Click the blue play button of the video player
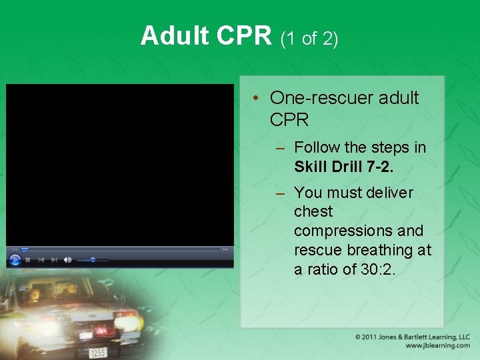15,259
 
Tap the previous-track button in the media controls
41,260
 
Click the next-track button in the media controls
54,260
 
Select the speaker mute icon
67,260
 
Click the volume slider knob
93,260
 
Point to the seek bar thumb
25,250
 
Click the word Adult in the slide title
175,36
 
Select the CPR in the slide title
243,36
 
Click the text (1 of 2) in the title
309,39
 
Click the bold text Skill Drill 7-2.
343,166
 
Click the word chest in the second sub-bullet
313,211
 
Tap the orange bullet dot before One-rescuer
256,99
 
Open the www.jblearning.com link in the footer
437,346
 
